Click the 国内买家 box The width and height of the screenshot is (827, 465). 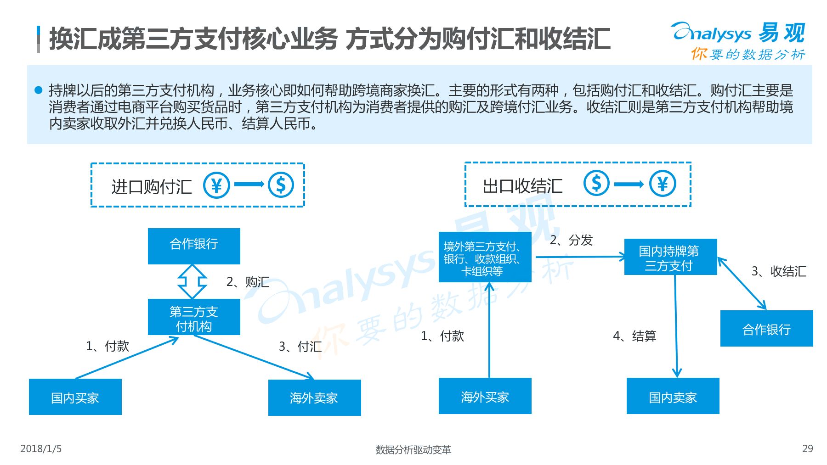pos(75,397)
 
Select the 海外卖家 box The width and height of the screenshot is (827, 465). pos(314,398)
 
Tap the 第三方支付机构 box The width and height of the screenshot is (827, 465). pos(194,318)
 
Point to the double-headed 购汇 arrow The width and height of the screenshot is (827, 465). pos(192,281)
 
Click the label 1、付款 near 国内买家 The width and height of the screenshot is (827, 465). pos(108,346)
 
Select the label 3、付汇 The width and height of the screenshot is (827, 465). pos(300,347)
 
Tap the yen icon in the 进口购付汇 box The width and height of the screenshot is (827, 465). pos(216,185)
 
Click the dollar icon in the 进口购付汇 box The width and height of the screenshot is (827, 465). pos(281,185)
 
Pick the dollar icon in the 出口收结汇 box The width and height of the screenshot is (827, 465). pos(596,183)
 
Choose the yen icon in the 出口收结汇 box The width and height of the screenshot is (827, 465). pos(663,184)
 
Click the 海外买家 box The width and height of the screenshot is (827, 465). pos(485,396)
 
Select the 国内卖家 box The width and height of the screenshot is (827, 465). pos(673,396)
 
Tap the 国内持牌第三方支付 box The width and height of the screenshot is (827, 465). pos(670,258)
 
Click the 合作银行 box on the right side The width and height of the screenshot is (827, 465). pos(766,329)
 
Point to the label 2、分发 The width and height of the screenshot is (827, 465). pos(571,240)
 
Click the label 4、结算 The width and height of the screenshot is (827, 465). pos(634,336)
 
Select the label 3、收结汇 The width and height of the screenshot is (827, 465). pos(779,271)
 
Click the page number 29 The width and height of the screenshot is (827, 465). pos(807,448)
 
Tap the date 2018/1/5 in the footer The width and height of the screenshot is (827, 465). pos(41,448)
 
